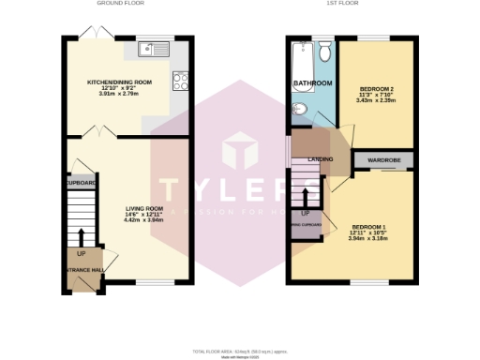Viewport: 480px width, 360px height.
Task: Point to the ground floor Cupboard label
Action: tap(82, 182)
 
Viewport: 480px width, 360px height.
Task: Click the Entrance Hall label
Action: tap(82, 270)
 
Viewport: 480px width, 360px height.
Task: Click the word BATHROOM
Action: tap(312, 83)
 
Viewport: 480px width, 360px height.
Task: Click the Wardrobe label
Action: tap(383, 160)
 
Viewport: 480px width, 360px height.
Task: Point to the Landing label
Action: tap(320, 160)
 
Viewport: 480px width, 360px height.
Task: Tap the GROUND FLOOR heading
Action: tap(119, 4)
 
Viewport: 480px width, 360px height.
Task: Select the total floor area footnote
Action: tap(240, 351)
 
